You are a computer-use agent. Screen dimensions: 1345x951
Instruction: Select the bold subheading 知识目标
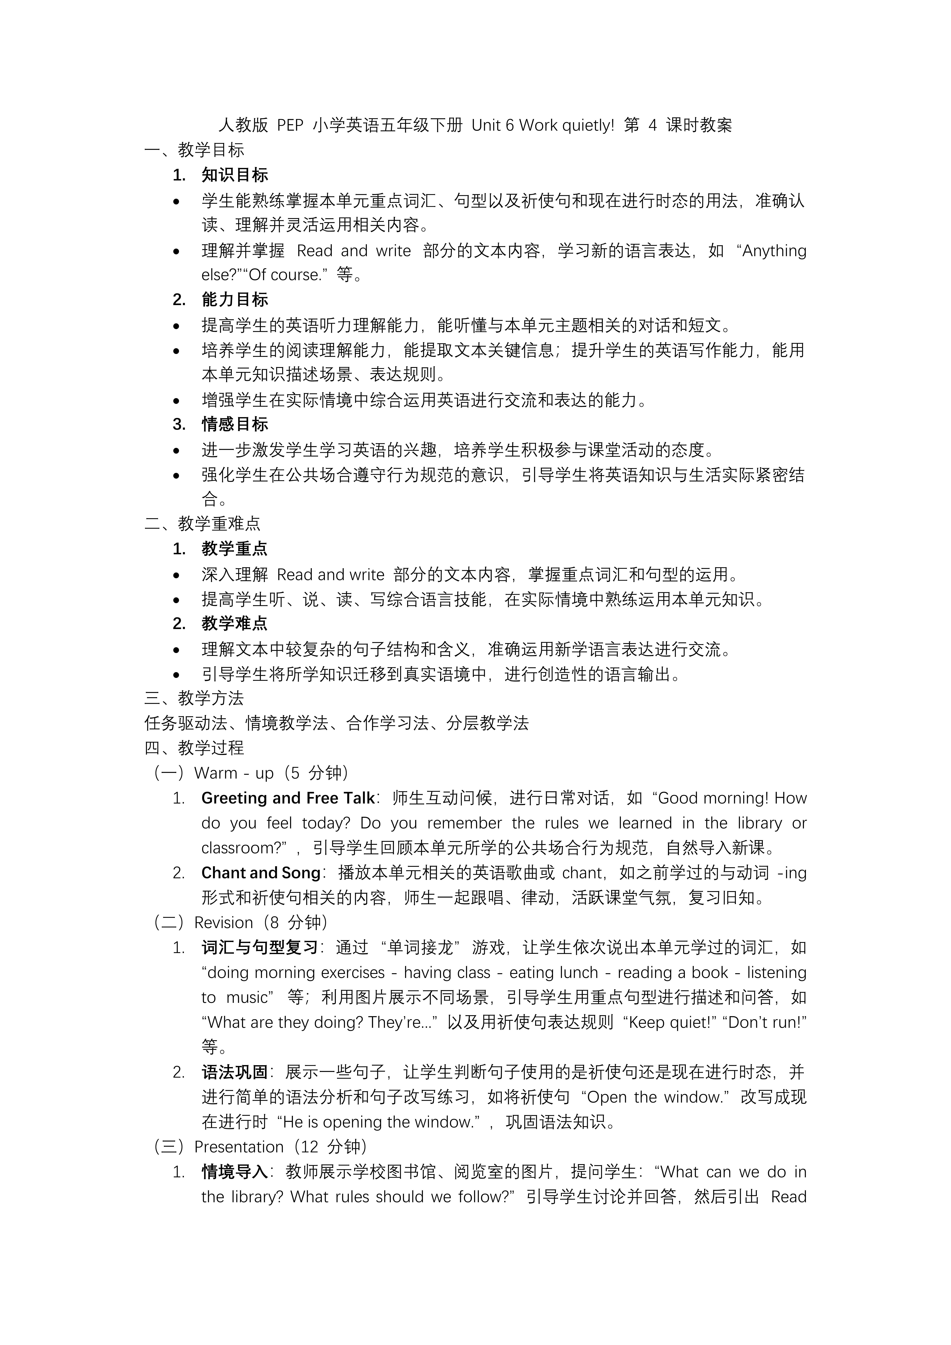click(x=235, y=175)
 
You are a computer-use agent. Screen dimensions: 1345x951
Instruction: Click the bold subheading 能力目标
click(x=235, y=300)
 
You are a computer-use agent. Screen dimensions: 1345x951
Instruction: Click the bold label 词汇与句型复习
click(x=259, y=948)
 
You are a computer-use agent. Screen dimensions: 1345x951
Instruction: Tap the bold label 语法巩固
click(x=235, y=1073)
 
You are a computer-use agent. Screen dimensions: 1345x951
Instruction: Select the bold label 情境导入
click(x=235, y=1172)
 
